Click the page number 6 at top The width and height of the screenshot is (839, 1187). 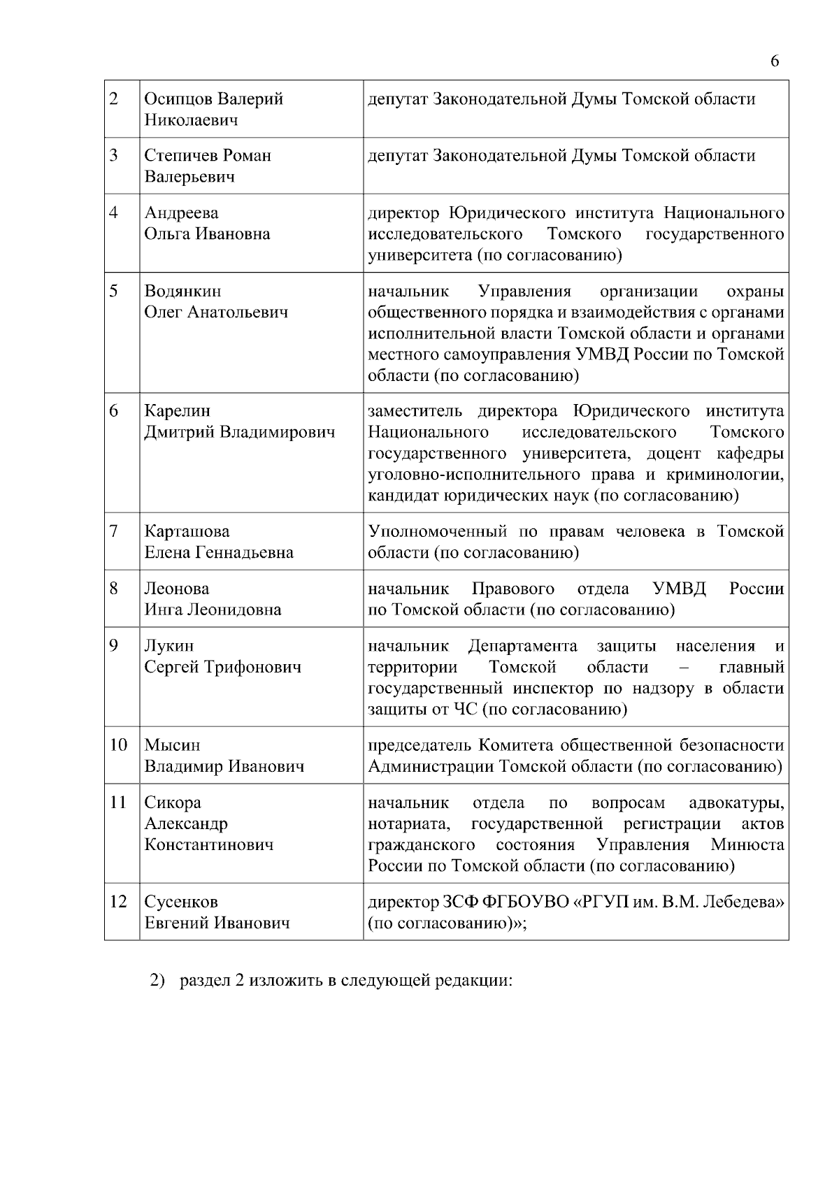click(x=775, y=62)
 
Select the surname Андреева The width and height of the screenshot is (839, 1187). click(x=181, y=213)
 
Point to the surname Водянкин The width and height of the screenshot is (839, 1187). click(x=182, y=292)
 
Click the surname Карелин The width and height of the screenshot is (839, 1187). click(x=177, y=411)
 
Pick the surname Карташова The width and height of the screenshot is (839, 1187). click(x=187, y=532)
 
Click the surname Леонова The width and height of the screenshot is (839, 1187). click(x=177, y=589)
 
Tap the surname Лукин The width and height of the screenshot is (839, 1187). click(x=169, y=646)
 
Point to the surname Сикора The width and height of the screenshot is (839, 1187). click(x=173, y=803)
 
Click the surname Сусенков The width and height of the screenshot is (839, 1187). click(x=181, y=902)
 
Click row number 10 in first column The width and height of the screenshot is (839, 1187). click(x=118, y=746)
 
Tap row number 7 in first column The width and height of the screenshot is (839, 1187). click(x=114, y=532)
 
